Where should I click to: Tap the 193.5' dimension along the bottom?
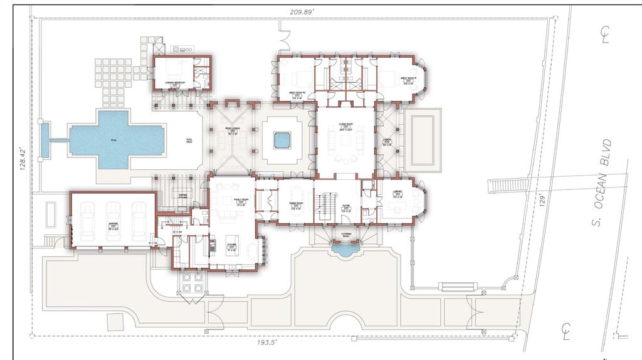267,343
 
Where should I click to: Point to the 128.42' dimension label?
23,156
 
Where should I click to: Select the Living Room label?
344,127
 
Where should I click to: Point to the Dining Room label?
295,204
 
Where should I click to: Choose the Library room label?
397,194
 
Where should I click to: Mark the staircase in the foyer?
326,204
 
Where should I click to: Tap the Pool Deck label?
189,142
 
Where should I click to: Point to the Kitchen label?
231,247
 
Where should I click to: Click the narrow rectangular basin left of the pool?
45,139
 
